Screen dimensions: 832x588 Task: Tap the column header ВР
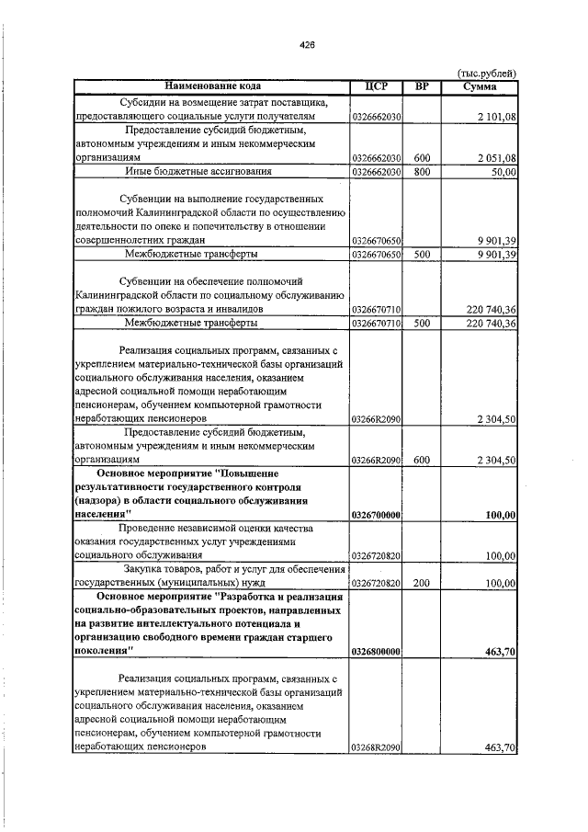pos(422,87)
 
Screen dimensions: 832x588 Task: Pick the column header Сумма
pos(481,87)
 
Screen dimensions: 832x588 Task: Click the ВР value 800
pos(423,172)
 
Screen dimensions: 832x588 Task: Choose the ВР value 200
pos(423,584)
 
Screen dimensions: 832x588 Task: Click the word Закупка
pos(148,570)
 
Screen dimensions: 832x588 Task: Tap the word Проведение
pos(148,529)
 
